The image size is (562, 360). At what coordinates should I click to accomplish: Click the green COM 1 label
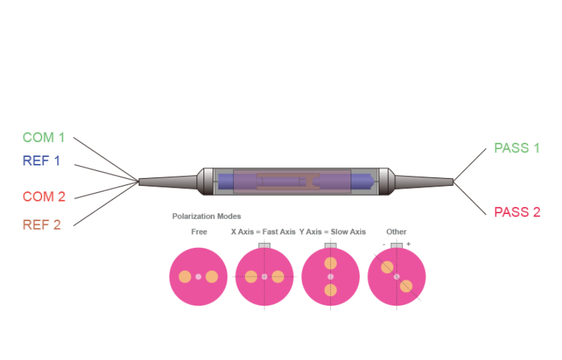(x=44, y=137)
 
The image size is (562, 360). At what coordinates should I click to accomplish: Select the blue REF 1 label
(x=41, y=161)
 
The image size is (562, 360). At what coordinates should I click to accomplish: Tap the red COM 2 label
(x=44, y=197)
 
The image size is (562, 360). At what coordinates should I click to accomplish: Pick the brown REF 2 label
(x=42, y=225)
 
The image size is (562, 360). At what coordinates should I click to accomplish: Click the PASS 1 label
(x=517, y=148)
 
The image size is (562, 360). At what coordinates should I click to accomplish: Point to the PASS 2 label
(x=517, y=212)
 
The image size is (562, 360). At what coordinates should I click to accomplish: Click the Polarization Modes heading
(x=207, y=217)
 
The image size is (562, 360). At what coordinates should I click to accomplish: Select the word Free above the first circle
(x=199, y=232)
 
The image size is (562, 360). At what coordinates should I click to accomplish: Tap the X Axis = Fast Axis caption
(x=263, y=232)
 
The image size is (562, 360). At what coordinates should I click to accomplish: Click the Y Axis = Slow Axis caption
(x=332, y=232)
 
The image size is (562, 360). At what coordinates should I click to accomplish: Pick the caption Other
(x=396, y=232)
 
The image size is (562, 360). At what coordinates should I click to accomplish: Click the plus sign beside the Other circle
(x=408, y=244)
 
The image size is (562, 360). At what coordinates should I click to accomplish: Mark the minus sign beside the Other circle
(x=384, y=245)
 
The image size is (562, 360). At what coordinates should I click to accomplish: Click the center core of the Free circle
(x=198, y=277)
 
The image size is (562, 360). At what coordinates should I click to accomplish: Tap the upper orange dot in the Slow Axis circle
(x=330, y=263)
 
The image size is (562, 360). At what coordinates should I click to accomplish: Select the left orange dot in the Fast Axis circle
(x=251, y=277)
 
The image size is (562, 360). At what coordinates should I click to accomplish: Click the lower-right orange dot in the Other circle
(x=406, y=286)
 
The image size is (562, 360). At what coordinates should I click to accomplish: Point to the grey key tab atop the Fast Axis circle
(x=264, y=245)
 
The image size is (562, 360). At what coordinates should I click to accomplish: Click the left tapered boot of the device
(x=168, y=181)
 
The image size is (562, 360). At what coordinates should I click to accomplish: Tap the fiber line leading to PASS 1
(x=470, y=165)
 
